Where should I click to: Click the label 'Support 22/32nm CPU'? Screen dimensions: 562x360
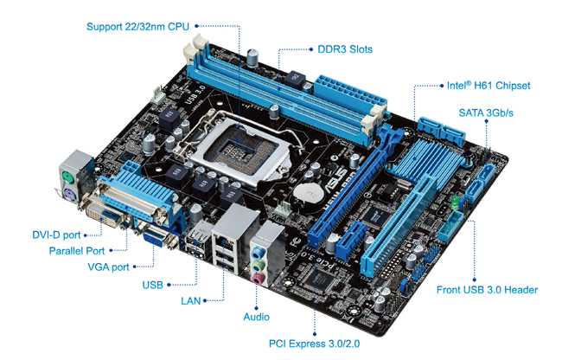(x=137, y=27)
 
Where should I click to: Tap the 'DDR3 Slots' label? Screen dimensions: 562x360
(x=345, y=49)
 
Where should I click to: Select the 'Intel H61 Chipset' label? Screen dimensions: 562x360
(x=489, y=86)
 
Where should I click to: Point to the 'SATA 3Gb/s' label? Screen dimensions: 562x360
(x=486, y=113)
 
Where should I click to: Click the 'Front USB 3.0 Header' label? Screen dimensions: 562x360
(x=487, y=290)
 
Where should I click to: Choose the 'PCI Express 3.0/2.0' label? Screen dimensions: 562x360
(x=315, y=344)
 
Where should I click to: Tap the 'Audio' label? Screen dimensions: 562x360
(x=256, y=317)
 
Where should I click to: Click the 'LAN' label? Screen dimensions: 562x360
(x=191, y=300)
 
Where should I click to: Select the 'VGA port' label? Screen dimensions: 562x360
(x=108, y=267)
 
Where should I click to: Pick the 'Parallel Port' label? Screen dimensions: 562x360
(x=77, y=251)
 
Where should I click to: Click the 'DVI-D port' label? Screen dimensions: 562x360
(x=56, y=235)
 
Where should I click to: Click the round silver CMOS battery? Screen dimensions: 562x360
(x=309, y=193)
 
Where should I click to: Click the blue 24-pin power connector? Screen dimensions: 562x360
(x=350, y=91)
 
